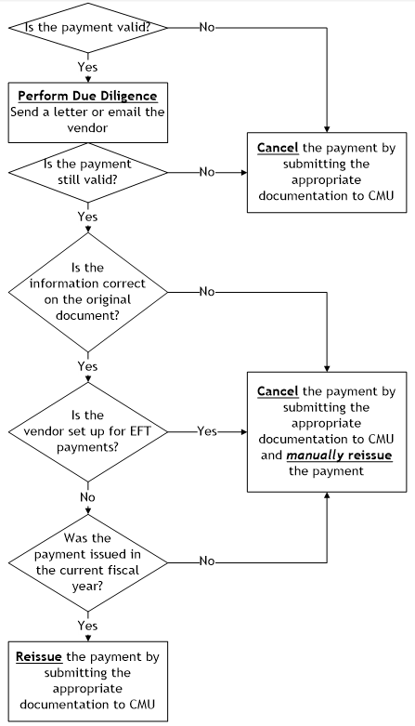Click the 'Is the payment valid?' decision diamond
coord(87,26)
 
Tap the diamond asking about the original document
coord(87,292)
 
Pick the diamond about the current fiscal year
coord(87,561)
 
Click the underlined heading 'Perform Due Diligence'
coord(86,95)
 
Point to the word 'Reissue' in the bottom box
coord(39,656)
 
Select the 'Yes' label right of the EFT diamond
coord(207,431)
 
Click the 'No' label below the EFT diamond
coord(87,496)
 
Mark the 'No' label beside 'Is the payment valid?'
coord(206,27)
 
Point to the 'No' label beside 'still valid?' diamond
coord(206,172)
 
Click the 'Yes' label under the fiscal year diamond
coord(87,626)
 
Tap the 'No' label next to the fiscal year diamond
coord(206,561)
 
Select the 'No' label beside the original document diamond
coord(206,292)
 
